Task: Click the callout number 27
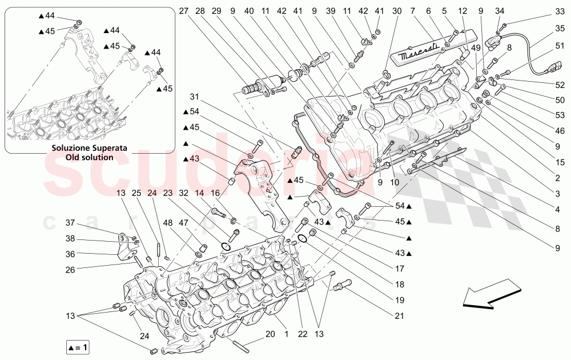click(183, 10)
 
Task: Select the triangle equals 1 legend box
click(78, 347)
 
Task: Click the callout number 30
click(397, 10)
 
